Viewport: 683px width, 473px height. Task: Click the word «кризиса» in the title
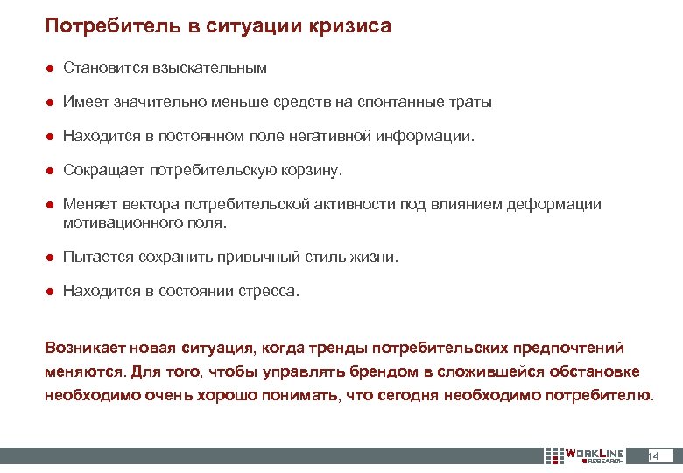(x=349, y=26)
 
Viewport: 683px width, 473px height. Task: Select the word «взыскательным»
(x=210, y=67)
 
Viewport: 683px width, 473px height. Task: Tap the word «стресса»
(x=267, y=291)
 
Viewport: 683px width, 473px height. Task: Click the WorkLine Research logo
(x=584, y=455)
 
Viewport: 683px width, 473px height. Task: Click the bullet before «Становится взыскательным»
(x=51, y=67)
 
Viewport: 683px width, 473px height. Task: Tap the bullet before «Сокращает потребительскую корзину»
(x=51, y=170)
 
